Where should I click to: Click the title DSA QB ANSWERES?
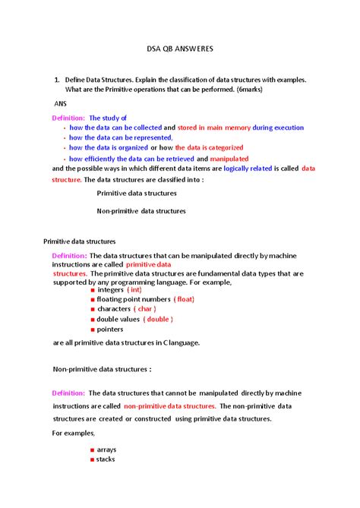pyautogui.click(x=180, y=48)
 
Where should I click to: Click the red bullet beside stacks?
pyautogui.click(x=92, y=459)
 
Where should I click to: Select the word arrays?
pyautogui.click(x=107, y=450)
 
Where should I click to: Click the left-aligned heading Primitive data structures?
pyautogui.click(x=78, y=241)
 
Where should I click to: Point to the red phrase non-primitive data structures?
pyautogui.click(x=169, y=405)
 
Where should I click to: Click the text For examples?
pyautogui.click(x=73, y=432)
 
